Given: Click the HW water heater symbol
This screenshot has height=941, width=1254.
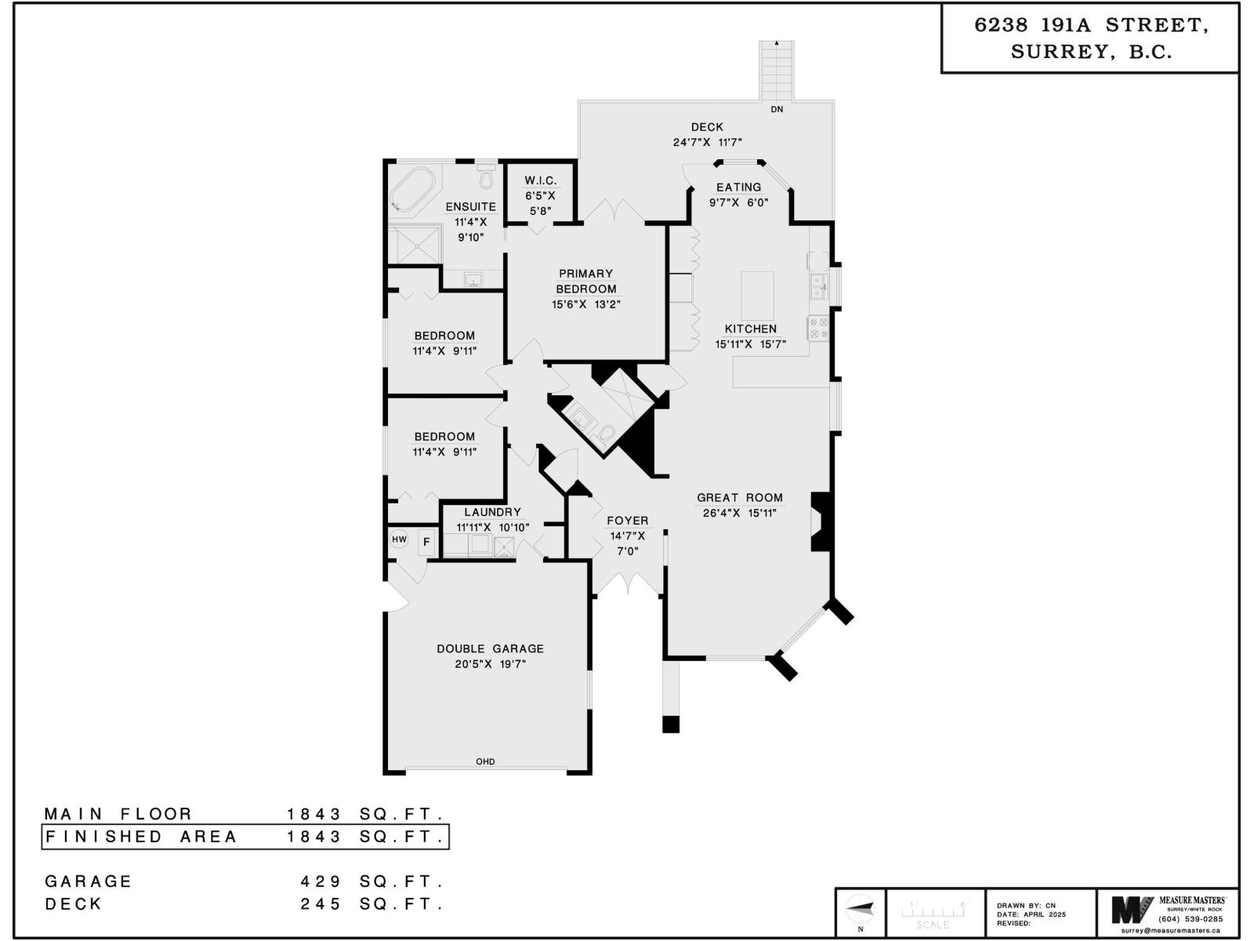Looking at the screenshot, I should [400, 540].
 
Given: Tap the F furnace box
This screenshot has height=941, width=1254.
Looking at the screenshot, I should [426, 542].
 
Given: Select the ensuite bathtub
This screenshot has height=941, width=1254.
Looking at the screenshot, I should [413, 190].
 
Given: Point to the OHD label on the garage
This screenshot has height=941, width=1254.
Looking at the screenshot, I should [485, 761].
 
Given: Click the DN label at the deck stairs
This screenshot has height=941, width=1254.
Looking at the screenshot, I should [777, 110].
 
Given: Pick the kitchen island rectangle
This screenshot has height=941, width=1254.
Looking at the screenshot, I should [757, 296].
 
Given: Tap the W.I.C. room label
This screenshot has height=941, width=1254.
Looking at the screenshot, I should [541, 181].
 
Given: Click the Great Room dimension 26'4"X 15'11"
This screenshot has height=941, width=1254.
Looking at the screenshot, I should [740, 513].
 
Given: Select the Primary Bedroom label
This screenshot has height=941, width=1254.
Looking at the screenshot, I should [586, 281].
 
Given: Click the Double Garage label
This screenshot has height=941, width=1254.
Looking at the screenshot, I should [490, 649].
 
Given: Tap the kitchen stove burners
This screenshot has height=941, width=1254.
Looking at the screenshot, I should [818, 328].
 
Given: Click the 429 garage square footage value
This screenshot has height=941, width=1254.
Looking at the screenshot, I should [321, 881].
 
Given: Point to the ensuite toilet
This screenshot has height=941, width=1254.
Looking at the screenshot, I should [486, 177].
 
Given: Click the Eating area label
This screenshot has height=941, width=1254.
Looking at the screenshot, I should [738, 187].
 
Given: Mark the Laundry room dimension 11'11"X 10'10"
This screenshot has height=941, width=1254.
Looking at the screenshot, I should [492, 528].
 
